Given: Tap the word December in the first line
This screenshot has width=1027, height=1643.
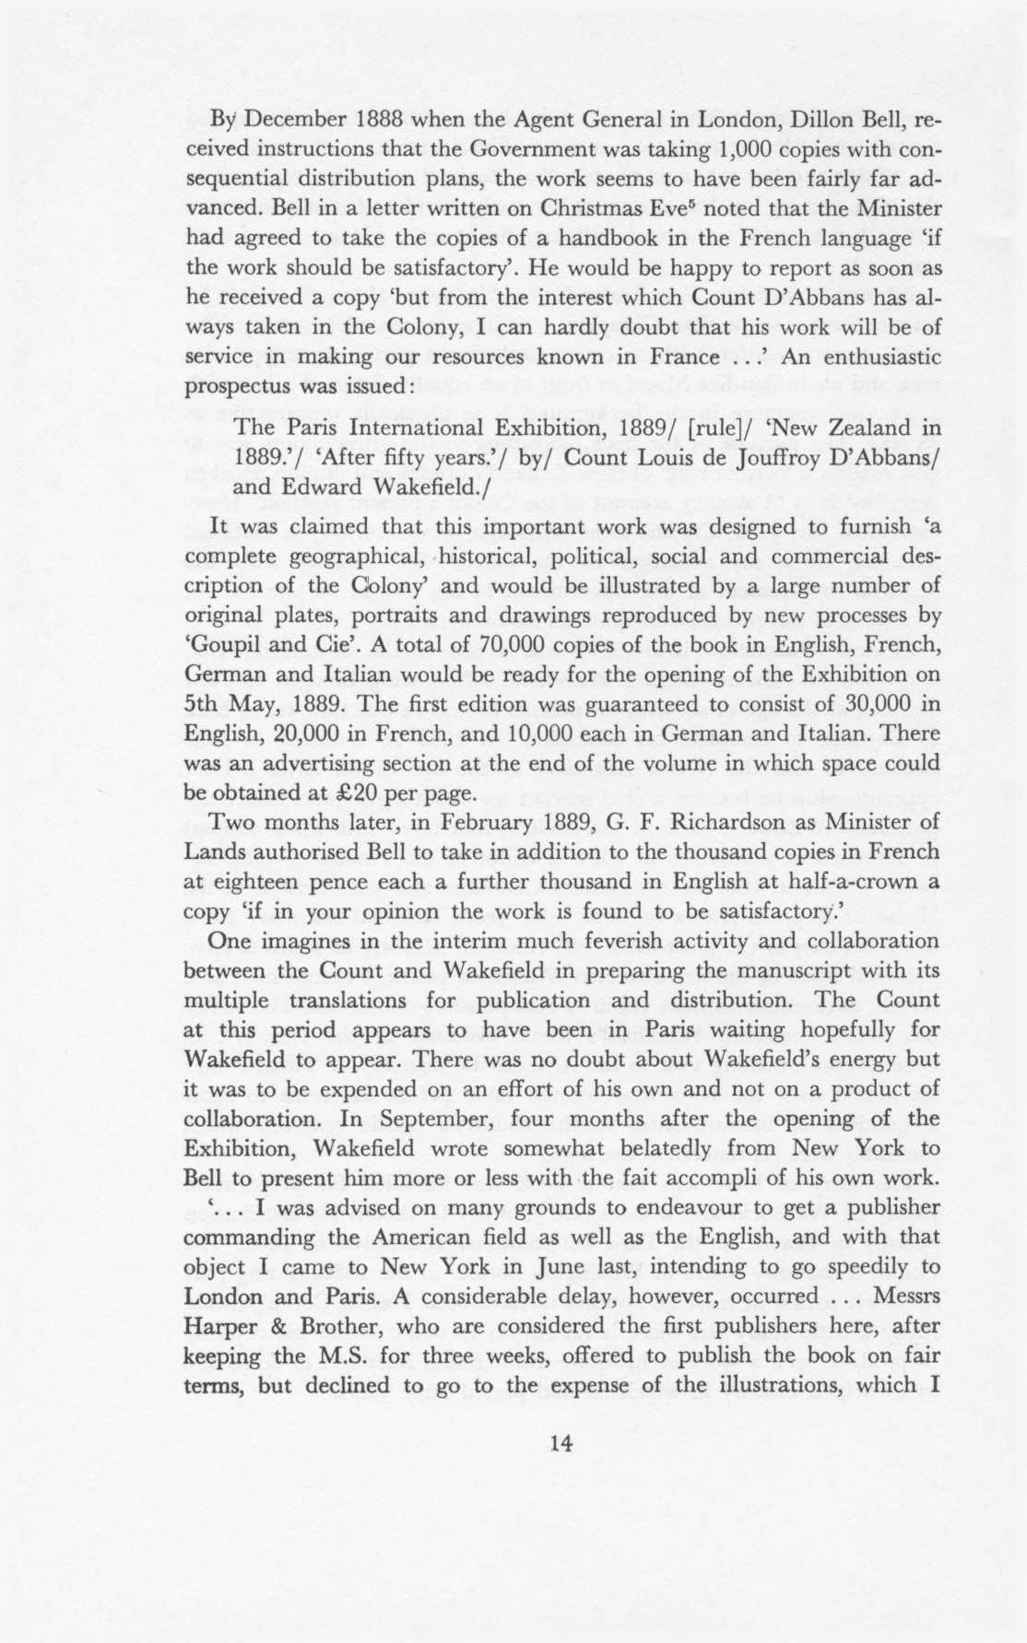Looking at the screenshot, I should [296, 120].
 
